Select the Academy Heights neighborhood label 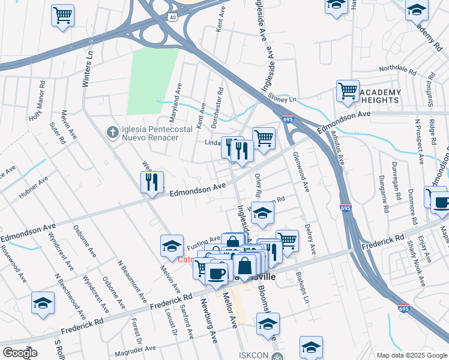[x=381, y=95]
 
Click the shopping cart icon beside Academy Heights [x=348, y=91]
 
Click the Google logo [x=20, y=352]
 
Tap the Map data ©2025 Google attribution [x=411, y=355]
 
